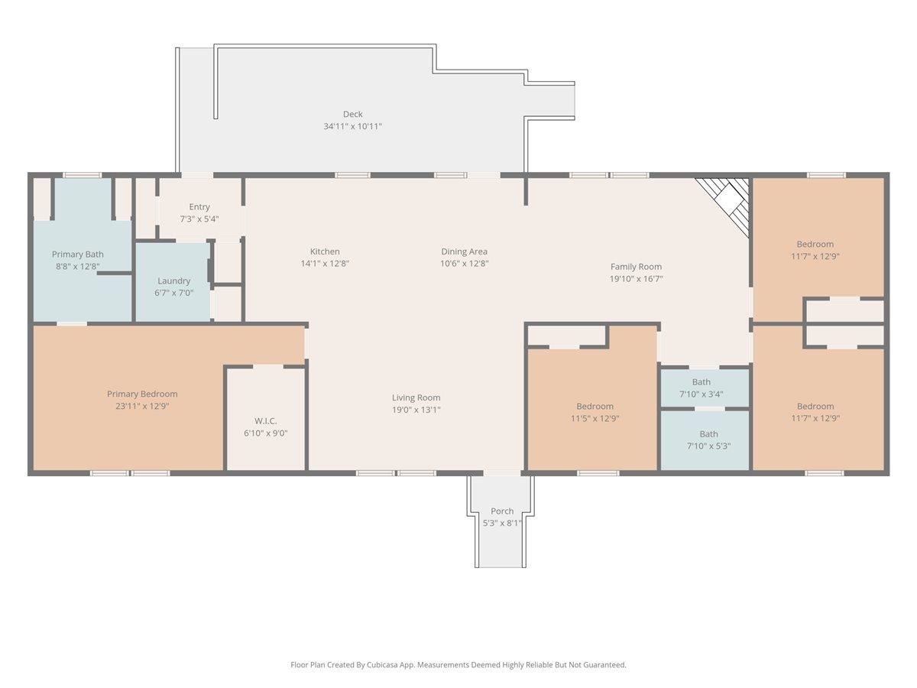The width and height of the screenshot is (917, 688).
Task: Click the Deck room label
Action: point(352,114)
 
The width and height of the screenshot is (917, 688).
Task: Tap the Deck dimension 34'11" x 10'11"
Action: point(352,126)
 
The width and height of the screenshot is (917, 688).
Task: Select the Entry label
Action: point(199,206)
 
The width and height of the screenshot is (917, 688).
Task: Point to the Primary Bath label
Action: point(78,255)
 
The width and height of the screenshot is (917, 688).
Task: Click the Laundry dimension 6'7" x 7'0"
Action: point(173,293)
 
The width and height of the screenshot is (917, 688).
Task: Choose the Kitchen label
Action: point(325,252)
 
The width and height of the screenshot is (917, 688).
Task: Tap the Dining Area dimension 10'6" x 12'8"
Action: point(464,264)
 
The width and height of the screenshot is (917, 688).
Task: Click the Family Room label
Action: point(636,267)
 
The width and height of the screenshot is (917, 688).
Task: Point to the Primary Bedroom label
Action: point(142,394)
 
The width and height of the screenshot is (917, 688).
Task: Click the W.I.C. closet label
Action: point(265,421)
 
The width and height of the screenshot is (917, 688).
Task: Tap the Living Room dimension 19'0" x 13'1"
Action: point(416,410)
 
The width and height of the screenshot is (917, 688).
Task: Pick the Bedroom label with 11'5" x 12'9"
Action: point(595,406)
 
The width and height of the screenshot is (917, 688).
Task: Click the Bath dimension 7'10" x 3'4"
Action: point(701,394)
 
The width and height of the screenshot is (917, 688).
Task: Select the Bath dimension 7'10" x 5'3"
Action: point(708,446)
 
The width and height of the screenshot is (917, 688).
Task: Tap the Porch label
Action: point(502,511)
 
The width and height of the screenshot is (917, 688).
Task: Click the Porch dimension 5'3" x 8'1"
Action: point(502,523)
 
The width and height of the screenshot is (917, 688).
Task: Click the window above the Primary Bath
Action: point(82,175)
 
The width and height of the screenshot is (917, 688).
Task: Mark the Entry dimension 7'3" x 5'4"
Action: point(199,219)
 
